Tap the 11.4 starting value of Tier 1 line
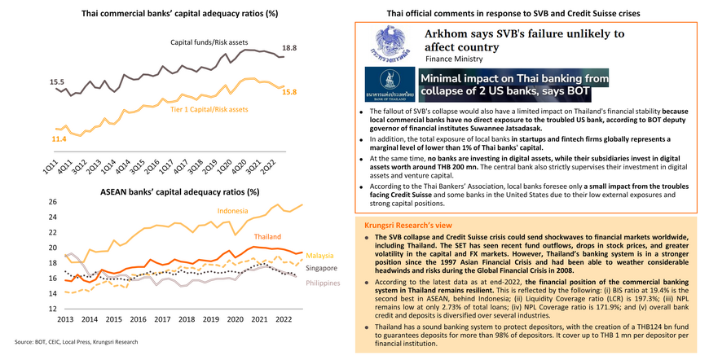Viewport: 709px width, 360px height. pyautogui.click(x=59, y=140)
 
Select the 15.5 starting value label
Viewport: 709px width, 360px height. pyautogui.click(x=56, y=81)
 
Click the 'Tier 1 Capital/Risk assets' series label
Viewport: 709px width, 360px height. pyautogui.click(x=209, y=108)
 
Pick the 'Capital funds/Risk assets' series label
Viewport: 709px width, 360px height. pyautogui.click(x=210, y=41)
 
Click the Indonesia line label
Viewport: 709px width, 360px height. pyautogui.click(x=233, y=211)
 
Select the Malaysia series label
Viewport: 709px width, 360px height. pyautogui.click(x=321, y=254)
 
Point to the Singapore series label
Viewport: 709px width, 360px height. pyautogui.click(x=321, y=266)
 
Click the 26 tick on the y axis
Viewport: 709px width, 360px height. pyautogui.click(x=53, y=202)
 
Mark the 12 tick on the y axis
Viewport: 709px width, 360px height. pyautogui.click(x=53, y=309)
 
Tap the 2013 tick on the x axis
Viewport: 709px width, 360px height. pyautogui.click(x=66, y=319)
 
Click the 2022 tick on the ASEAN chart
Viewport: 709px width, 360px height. pyautogui.click(x=284, y=319)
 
